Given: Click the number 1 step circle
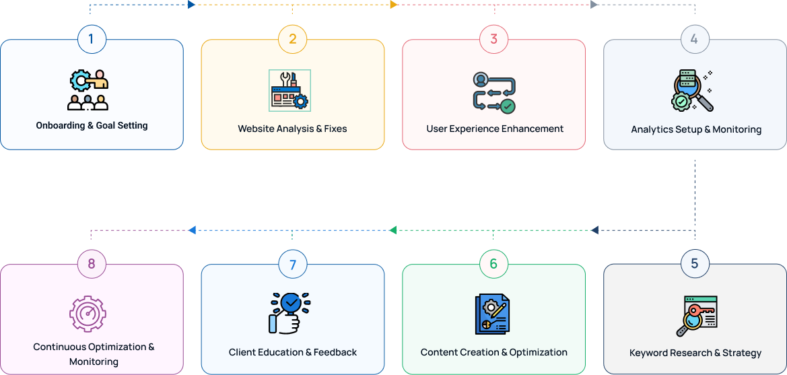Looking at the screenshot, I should point(91,39).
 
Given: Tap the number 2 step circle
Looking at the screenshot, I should point(292,39).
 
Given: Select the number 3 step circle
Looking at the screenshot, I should point(493,39).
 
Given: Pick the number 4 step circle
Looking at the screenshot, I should point(694,39).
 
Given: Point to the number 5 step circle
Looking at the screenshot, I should point(694,264).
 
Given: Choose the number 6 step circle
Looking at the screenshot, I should point(493,264).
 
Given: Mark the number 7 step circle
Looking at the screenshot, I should point(292,264).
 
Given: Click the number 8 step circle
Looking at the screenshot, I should point(91,264).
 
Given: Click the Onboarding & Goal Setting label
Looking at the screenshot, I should point(92,125).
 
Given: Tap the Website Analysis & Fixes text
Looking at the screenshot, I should point(292,129).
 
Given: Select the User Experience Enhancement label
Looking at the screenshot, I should point(495,129).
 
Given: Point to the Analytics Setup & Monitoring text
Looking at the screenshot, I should point(696,129).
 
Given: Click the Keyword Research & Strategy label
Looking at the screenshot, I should point(695,353).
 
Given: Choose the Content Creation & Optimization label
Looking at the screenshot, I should point(493,352).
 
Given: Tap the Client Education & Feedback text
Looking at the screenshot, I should point(293,352).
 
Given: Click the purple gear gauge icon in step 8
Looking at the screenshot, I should point(88,314).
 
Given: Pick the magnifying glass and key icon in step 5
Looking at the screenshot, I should point(696,315).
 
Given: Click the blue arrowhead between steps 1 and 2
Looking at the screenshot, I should point(192,5).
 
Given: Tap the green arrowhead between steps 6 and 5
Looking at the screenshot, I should point(393,230).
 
